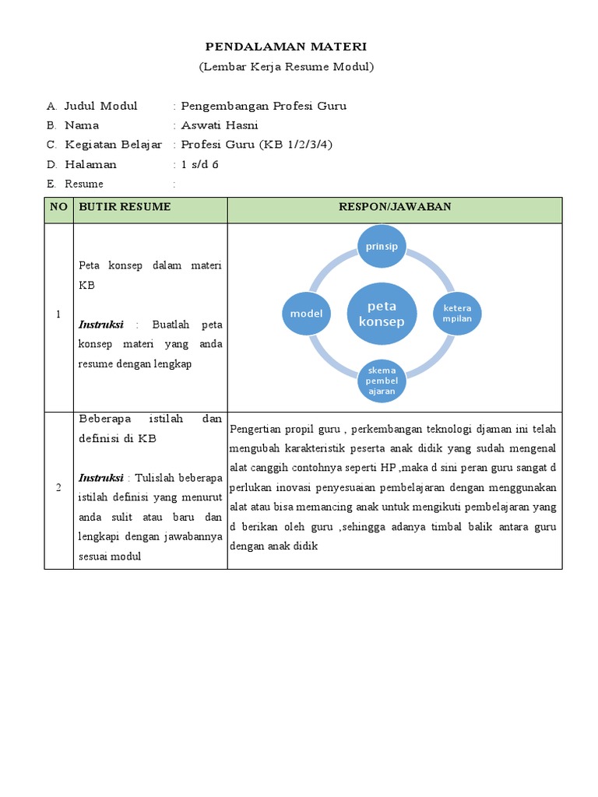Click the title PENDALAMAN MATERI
point(286,47)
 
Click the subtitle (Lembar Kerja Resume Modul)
point(287,67)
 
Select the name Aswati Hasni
point(220,125)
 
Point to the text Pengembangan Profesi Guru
point(263,106)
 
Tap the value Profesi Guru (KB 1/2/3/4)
point(256,145)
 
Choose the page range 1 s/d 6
point(199,164)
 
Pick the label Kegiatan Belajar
point(113,145)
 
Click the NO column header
point(58,207)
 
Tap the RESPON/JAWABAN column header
point(395,206)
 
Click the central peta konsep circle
point(377,314)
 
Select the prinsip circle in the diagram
point(382,247)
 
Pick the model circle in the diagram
point(306,313)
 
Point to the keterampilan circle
point(458,313)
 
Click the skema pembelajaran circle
point(382,381)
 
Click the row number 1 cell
point(58,314)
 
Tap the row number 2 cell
point(58,487)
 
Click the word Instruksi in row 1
point(101,324)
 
